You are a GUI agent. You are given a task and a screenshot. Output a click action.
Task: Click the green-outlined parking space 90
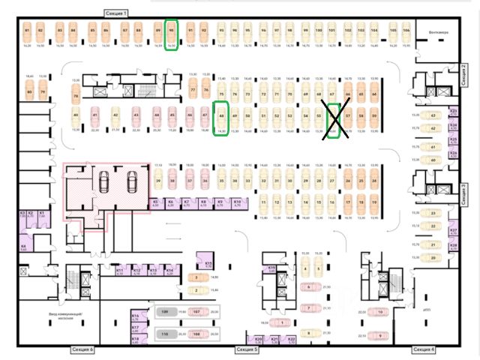click(x=172, y=34)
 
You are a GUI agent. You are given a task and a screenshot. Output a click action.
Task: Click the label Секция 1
click(x=116, y=13)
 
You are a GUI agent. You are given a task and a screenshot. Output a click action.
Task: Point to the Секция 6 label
click(x=82, y=349)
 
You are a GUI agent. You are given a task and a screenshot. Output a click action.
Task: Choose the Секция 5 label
click(x=246, y=349)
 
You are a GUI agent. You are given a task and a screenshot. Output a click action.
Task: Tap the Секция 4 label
click(x=424, y=349)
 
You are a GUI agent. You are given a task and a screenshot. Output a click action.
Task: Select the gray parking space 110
click(x=164, y=335)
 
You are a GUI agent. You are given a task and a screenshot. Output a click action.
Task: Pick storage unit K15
click(x=209, y=262)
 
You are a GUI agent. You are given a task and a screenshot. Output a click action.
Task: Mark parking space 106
click(x=406, y=34)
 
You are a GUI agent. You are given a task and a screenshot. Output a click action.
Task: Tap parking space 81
click(x=27, y=34)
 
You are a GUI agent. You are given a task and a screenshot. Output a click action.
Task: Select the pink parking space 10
click(x=381, y=310)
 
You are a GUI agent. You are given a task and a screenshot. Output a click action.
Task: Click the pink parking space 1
click(x=282, y=322)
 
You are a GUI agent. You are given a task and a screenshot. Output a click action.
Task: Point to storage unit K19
click(x=272, y=268)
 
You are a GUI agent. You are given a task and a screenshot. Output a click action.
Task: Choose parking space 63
click(x=433, y=115)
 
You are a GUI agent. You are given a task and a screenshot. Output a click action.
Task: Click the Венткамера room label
click(x=438, y=32)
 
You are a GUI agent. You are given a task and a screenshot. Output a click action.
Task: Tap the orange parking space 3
click(x=196, y=277)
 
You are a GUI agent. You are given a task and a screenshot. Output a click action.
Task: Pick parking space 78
click(x=76, y=96)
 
